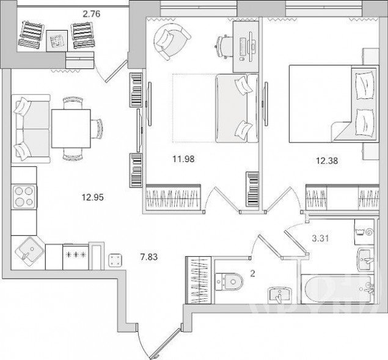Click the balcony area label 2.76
(92, 14)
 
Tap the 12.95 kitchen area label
(93, 197)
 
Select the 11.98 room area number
(183, 159)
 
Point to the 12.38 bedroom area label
(327, 161)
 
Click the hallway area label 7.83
(148, 257)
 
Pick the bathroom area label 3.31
(320, 239)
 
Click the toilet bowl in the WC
(229, 282)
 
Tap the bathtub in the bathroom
(338, 288)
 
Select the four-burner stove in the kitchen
(24, 197)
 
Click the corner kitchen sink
(30, 252)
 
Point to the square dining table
(71, 128)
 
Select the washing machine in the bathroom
(364, 232)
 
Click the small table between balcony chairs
(57, 41)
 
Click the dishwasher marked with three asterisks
(76, 257)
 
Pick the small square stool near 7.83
(115, 260)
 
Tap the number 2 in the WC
(252, 274)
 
